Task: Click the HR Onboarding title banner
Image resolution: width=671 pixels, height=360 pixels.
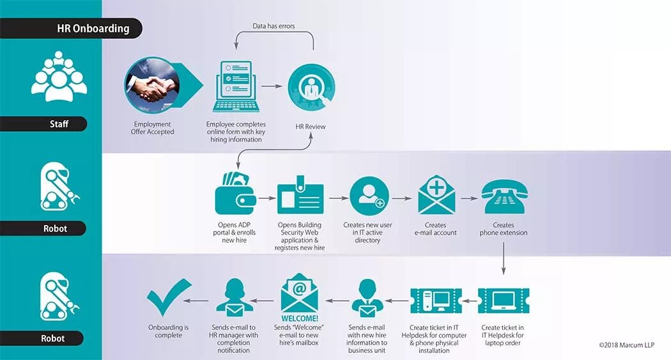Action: click(93, 28)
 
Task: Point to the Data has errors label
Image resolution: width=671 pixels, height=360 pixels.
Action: click(274, 26)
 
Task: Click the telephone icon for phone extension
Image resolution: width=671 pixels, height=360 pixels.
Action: click(504, 196)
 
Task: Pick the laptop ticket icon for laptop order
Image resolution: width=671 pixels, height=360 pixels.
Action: click(504, 301)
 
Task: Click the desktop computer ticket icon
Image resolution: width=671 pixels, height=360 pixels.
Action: click(435, 301)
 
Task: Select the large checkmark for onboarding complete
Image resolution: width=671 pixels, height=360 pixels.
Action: click(168, 297)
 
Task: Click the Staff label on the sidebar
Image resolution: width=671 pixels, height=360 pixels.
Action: click(59, 124)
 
